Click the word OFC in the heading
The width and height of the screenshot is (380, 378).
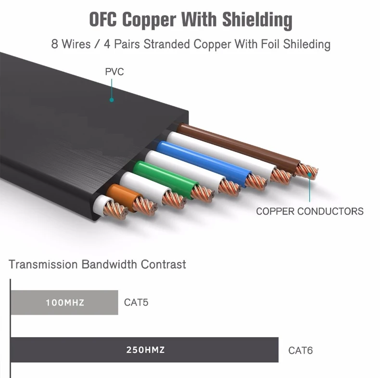coord(103,19)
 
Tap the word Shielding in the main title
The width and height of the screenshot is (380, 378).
coord(257,20)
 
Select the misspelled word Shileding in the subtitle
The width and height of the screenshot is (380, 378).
coord(306,45)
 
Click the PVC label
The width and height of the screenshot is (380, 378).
coord(114,72)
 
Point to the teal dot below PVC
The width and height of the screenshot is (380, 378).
coord(112,100)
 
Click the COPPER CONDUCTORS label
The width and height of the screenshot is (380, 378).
coord(310,211)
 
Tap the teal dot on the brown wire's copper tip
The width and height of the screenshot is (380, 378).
coord(309,174)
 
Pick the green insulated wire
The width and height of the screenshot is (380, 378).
coord(165,178)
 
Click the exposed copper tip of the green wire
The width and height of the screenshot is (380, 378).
coord(203,194)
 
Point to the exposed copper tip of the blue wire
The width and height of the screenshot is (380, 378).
coord(256,181)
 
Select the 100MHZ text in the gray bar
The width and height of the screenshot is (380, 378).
coord(65,302)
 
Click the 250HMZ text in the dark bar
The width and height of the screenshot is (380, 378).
coord(145,350)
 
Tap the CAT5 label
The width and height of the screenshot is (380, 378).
coord(136,302)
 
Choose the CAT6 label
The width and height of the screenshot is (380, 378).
coord(300,351)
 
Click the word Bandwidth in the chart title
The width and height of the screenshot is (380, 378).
coord(109,264)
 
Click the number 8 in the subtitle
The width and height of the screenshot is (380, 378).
coord(55,44)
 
